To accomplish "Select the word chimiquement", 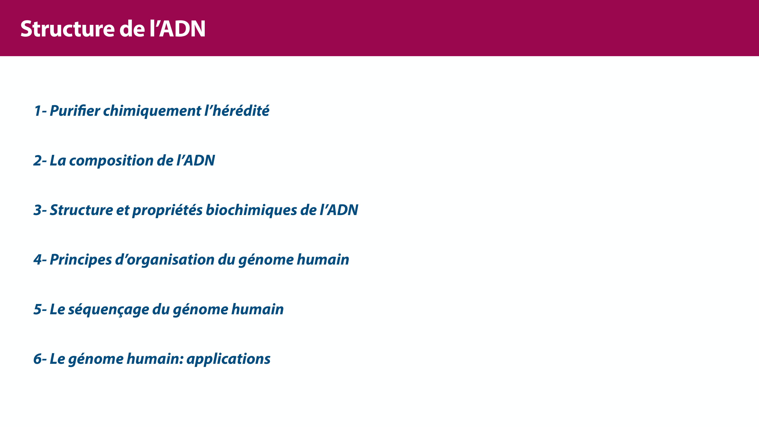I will coord(152,111).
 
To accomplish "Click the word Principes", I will coord(81,260).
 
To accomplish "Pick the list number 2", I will coord(38,161).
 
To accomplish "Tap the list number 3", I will coord(38,210).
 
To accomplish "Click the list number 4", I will coord(38,260).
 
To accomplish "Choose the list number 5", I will coord(38,310).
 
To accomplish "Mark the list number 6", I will coord(38,359).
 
